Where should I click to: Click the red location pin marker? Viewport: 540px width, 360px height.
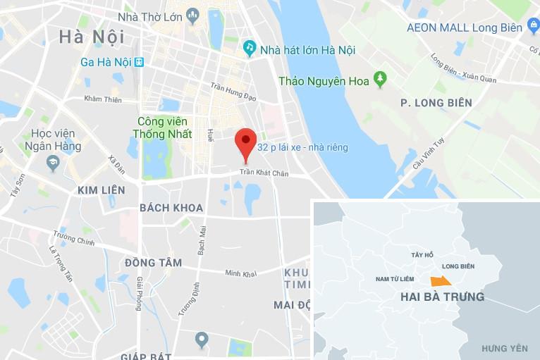(x=245, y=142)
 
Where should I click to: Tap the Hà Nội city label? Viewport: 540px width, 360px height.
(x=92, y=36)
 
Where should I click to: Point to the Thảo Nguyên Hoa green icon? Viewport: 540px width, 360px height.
(x=381, y=79)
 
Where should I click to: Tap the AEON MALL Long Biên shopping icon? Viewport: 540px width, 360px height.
(x=533, y=27)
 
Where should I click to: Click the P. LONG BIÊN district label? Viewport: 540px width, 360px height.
(x=436, y=103)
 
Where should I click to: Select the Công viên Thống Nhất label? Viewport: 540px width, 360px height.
(x=164, y=128)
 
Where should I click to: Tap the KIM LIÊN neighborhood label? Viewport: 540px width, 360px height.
(x=101, y=190)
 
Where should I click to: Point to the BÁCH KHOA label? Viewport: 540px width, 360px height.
(x=171, y=208)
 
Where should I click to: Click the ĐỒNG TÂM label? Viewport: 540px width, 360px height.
(x=153, y=263)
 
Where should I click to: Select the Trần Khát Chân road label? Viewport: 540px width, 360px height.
(x=264, y=173)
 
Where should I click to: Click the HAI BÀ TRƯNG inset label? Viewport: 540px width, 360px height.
(x=442, y=297)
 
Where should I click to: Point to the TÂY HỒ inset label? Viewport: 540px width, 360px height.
(x=423, y=254)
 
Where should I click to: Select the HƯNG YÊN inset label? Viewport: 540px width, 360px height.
(x=505, y=349)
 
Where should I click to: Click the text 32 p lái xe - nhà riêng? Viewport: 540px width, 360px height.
(x=302, y=148)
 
